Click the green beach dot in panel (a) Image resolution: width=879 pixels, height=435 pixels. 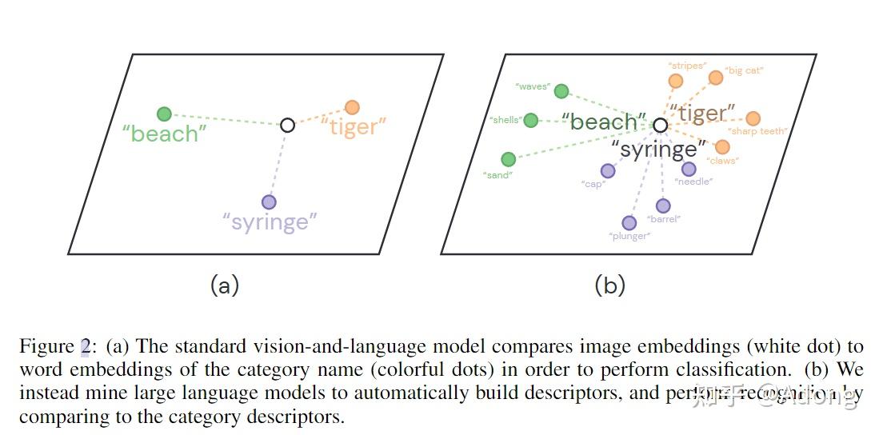coord(164,114)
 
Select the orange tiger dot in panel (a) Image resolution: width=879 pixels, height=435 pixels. coord(352,107)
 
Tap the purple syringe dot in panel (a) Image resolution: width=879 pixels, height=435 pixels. coord(269,202)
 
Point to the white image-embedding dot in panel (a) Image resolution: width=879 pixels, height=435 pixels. coord(288,125)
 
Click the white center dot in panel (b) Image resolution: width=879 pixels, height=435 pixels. coord(660,126)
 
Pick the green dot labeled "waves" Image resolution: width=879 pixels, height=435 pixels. coord(561,91)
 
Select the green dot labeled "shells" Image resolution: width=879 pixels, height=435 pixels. coord(530,120)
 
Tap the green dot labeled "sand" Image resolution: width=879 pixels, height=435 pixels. coord(508,159)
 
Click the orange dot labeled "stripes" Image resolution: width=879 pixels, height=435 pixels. coord(676,80)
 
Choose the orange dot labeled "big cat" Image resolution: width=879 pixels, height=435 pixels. coord(716,77)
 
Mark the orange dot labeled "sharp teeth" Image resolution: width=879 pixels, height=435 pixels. coord(753,118)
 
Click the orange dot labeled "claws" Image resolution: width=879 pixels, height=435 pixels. coord(722,146)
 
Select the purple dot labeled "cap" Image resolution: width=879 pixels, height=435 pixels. coord(608,170)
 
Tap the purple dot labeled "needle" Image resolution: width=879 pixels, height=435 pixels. coord(689,169)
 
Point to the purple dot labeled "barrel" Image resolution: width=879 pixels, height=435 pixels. coord(663,206)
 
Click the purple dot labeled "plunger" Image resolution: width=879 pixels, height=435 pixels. coord(629,222)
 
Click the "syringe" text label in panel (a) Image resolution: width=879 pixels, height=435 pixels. coord(269,222)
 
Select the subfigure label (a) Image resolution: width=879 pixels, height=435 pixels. coord(224,285)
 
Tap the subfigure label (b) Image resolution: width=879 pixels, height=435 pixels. coord(609,285)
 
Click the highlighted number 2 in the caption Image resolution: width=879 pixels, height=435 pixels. coord(85,346)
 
